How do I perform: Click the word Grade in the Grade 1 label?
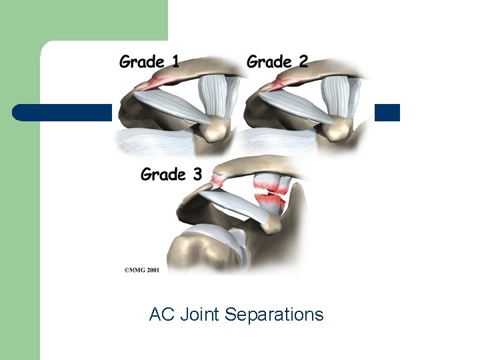(142, 63)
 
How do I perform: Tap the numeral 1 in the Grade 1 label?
(175, 62)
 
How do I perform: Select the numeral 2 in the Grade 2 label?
(303, 62)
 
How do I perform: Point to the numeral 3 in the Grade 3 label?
(197, 175)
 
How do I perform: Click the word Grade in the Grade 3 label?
(163, 175)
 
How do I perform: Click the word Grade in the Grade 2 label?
(269, 63)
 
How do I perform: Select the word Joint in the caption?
(200, 315)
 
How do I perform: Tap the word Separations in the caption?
(274, 315)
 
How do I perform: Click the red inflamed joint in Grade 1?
(157, 82)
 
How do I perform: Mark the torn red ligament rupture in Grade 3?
(270, 193)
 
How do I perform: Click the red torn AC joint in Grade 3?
(217, 179)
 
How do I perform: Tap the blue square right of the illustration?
(387, 113)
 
